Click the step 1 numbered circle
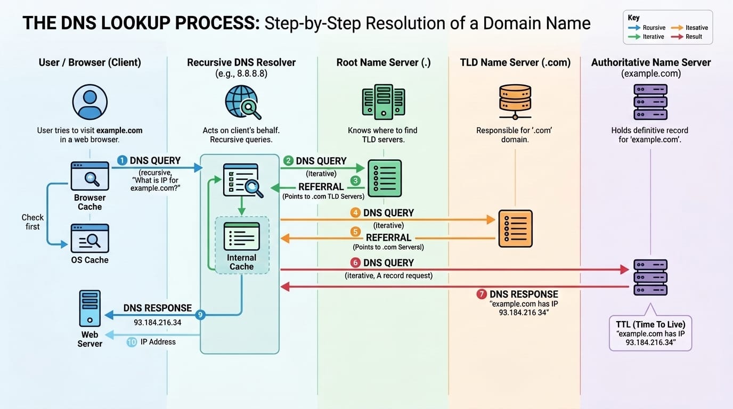tap(121, 160)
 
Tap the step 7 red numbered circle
tap(481, 294)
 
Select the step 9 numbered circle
tap(200, 315)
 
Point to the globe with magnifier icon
tap(242, 102)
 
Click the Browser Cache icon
tap(89, 176)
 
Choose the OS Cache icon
tap(89, 238)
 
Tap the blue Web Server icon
tap(89, 308)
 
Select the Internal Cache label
tap(242, 262)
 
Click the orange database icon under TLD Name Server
tap(515, 102)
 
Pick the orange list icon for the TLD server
tap(515, 228)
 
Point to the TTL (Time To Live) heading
tap(650, 324)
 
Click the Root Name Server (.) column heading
tap(384, 63)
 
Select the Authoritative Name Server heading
tap(650, 63)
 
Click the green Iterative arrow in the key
tap(634, 37)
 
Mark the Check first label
tap(32, 222)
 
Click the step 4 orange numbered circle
tap(355, 212)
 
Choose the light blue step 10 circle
tap(132, 342)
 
